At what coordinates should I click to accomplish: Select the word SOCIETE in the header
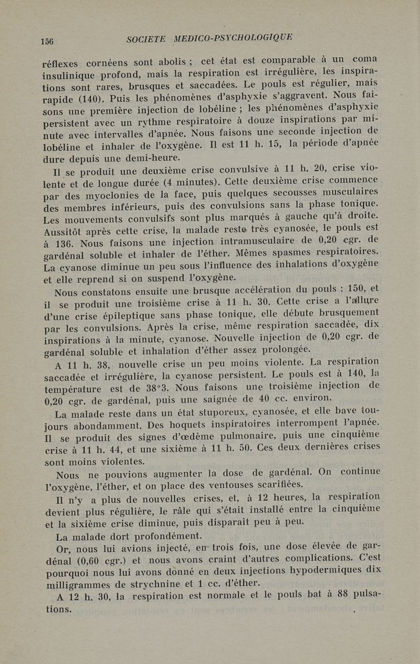(x=146, y=39)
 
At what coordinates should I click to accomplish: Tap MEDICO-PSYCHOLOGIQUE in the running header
(x=234, y=37)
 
